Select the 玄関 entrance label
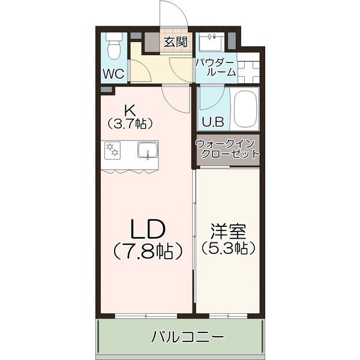pos(175,42)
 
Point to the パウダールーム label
pos(215,67)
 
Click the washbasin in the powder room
pos(211,42)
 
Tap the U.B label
pos(212,122)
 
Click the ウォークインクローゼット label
pos(227,148)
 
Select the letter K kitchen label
pos(129,110)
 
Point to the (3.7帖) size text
pos(130,124)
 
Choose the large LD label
pos(147,229)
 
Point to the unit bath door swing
pos(215,99)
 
